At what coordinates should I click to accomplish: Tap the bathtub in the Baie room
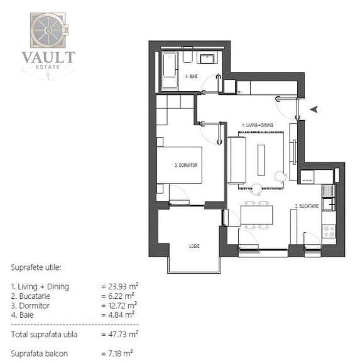(170, 71)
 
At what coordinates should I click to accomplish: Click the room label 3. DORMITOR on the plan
(187, 165)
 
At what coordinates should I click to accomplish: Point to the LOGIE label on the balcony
(195, 246)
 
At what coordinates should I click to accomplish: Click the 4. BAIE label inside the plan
(192, 77)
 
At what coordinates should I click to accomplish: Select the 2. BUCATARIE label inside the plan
(307, 206)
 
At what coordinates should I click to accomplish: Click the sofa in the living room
(237, 160)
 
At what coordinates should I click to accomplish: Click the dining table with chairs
(256, 216)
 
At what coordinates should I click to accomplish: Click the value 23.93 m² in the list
(119, 286)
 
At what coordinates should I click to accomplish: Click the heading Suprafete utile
(35, 267)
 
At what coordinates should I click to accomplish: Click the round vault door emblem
(48, 30)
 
